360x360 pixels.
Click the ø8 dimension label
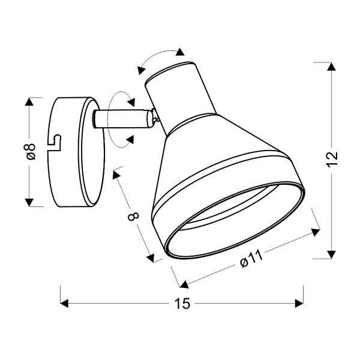32,151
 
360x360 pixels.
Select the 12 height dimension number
333,158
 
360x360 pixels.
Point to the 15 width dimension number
182,304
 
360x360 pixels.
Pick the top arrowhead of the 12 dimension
330,67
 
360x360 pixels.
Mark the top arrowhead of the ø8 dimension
29,102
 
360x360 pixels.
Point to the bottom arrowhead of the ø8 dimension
29,202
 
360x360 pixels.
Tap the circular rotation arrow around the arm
120,117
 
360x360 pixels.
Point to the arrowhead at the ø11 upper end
314,232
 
